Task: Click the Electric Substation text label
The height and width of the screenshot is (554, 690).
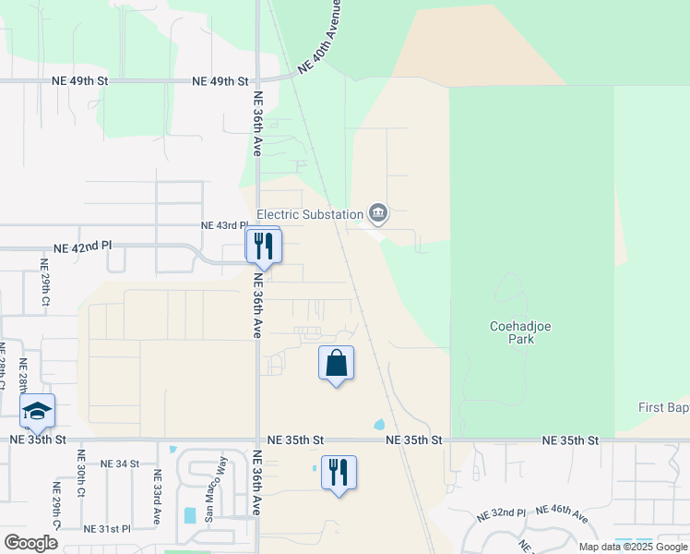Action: [309, 215]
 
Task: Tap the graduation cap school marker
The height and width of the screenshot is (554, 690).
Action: [37, 411]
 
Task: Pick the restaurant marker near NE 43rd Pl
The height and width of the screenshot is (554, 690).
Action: [263, 246]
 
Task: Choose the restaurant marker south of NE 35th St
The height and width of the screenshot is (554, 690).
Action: [339, 473]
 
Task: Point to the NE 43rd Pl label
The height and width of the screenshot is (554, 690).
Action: [224, 225]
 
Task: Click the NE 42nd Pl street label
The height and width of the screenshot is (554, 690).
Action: [82, 247]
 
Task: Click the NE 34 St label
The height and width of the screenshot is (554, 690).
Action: [119, 464]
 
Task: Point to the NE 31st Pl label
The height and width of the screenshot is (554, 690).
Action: [107, 529]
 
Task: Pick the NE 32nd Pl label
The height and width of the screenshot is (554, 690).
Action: [502, 512]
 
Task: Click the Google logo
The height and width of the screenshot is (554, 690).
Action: [30, 543]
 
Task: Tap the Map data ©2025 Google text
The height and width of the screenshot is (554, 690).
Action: [633, 547]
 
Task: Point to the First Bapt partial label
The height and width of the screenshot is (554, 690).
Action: [663, 407]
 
